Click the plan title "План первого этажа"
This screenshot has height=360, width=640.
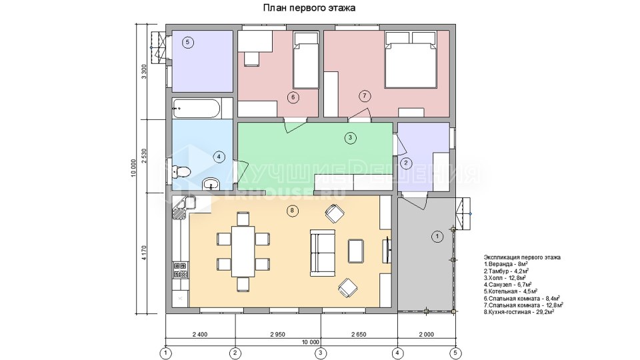pyautogui.click(x=308, y=8)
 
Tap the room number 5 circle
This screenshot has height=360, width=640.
pyautogui.click(x=187, y=42)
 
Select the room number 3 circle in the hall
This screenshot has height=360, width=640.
pyautogui.click(x=350, y=138)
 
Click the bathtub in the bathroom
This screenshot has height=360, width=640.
pyautogui.click(x=196, y=109)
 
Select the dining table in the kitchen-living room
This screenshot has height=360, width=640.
pyautogui.click(x=243, y=251)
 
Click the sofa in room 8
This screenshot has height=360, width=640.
pyautogui.click(x=323, y=252)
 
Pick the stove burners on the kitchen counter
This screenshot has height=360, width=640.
pyautogui.click(x=181, y=269)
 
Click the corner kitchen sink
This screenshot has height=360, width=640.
pyautogui.click(x=183, y=207)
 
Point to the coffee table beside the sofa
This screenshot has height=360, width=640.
pyautogui.click(x=355, y=251)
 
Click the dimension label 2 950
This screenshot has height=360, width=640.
pyautogui.click(x=277, y=334)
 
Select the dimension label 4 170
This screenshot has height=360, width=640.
pyautogui.click(x=143, y=253)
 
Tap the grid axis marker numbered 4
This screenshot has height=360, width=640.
pyautogui.click(x=397, y=352)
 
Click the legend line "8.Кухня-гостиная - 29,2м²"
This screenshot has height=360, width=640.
pyautogui.click(x=519, y=312)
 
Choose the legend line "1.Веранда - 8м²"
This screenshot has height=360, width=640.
pyautogui.click(x=506, y=264)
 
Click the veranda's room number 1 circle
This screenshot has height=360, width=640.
pyautogui.click(x=437, y=236)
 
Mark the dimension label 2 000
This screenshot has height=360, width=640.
pyautogui.click(x=426, y=334)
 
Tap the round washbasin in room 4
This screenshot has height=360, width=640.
pyautogui.click(x=211, y=185)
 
